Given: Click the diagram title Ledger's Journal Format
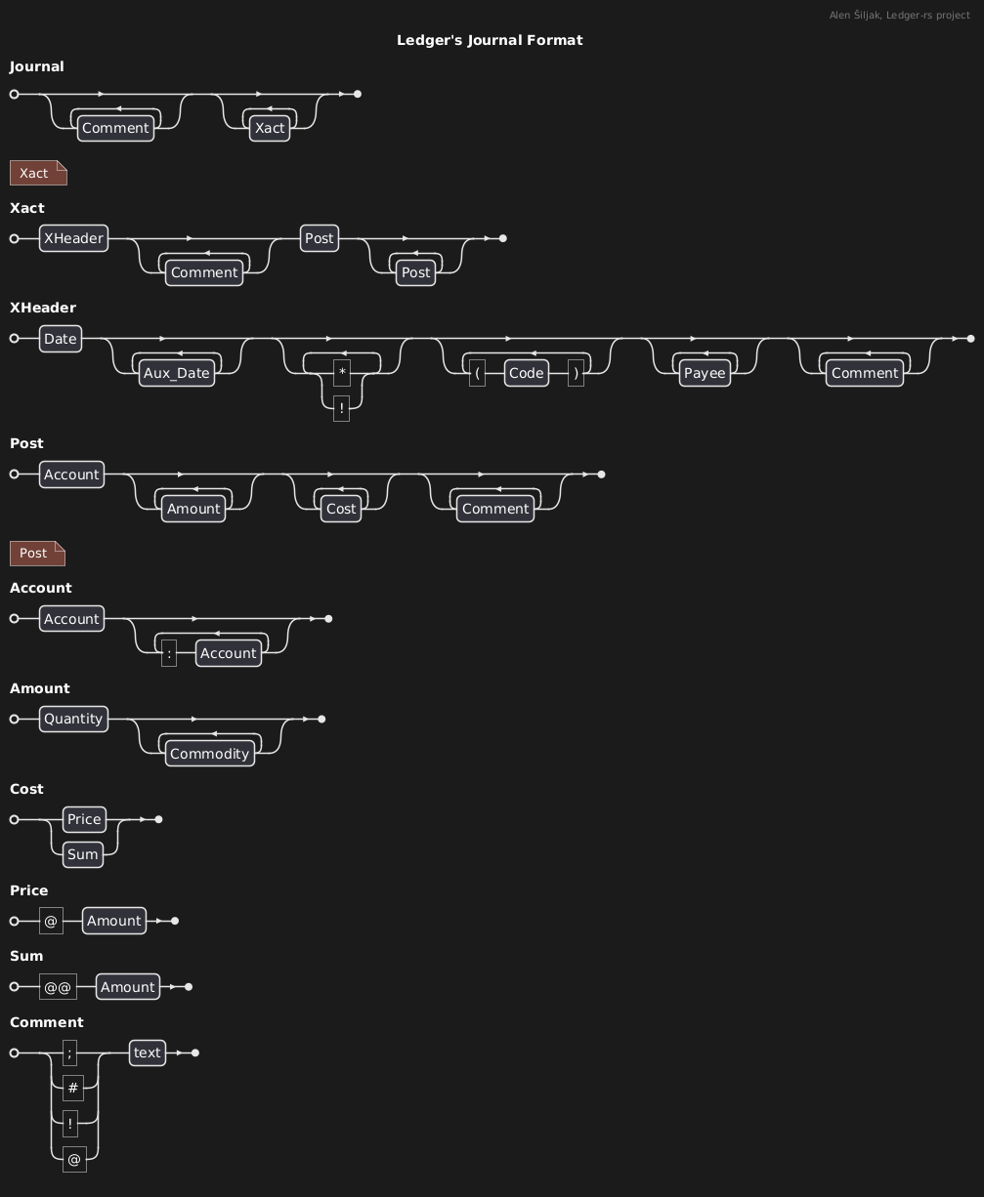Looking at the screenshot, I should tap(490, 40).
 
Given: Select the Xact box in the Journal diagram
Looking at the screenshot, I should tap(270, 128).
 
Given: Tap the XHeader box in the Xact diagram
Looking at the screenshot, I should tap(73, 238).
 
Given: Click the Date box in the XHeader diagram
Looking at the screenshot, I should tap(60, 339).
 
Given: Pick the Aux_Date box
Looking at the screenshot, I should tap(177, 373).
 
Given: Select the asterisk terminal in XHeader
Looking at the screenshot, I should tap(342, 373).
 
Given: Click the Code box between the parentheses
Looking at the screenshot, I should tap(526, 373).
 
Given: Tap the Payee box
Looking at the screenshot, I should tap(705, 373).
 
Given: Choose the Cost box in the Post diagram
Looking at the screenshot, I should tap(340, 509).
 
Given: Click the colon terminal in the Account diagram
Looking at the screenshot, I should tap(169, 653).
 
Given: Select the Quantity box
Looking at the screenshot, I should tap(73, 719).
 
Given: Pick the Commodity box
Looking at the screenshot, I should tap(209, 754).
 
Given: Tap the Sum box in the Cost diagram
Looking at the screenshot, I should tap(83, 854).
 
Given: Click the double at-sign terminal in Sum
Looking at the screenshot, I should tap(58, 987).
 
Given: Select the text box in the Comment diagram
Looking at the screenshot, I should tap(148, 1053).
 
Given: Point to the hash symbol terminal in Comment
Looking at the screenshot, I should tap(74, 1088).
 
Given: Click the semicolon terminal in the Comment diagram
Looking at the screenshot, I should tap(69, 1053).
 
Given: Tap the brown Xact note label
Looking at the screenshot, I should tap(34, 173).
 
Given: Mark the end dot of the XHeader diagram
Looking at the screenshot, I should tap(970, 339).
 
